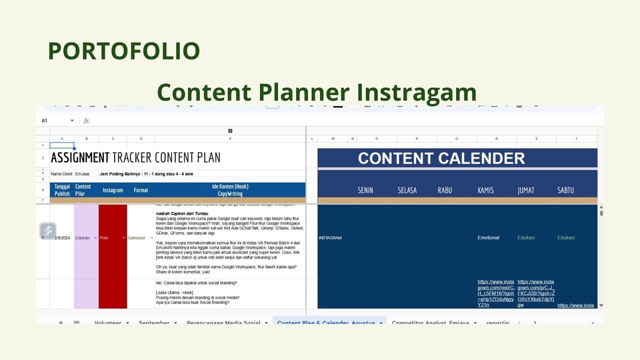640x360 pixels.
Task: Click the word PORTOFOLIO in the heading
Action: point(123,51)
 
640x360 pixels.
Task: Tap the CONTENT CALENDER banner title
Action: point(441,159)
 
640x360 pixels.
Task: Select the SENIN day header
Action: point(365,190)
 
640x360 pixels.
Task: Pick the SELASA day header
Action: point(407,190)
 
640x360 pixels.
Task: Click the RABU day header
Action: point(445,190)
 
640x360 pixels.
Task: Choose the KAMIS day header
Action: point(486,190)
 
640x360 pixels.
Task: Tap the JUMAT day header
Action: point(526,190)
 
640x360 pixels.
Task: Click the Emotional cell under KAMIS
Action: point(488,238)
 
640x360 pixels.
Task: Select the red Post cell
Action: point(112,238)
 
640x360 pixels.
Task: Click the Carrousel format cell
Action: point(137,238)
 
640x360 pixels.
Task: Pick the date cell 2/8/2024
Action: point(61,238)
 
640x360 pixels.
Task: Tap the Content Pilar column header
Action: point(83,190)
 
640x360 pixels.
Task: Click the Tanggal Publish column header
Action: point(61,190)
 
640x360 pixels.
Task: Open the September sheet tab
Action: point(155,323)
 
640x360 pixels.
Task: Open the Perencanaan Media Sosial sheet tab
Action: point(223,323)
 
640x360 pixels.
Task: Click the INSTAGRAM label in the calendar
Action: point(330,238)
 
